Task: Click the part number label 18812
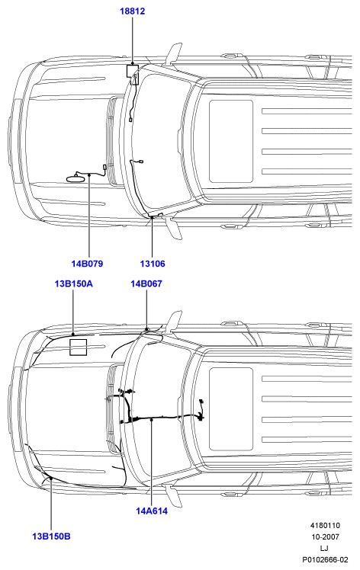click(x=133, y=11)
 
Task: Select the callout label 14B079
click(x=87, y=264)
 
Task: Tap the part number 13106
click(x=153, y=264)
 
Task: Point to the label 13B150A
click(x=73, y=283)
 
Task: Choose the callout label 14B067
click(x=146, y=283)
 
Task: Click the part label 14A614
click(x=152, y=511)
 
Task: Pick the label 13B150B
click(x=51, y=536)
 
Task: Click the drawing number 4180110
click(x=325, y=525)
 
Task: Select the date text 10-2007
click(x=325, y=536)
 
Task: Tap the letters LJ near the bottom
click(x=324, y=548)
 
